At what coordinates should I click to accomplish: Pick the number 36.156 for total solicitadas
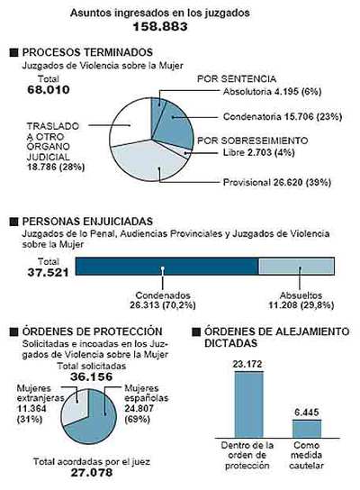point(87,377)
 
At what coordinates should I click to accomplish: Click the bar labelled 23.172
point(248,404)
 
